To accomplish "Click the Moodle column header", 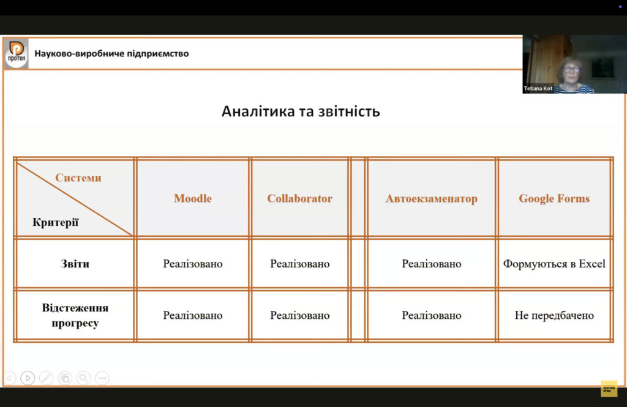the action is point(193,198).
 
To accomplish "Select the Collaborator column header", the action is point(299,198).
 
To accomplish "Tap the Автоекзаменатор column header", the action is point(432,199).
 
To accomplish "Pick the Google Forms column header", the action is point(554,199).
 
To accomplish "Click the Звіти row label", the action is point(75,264).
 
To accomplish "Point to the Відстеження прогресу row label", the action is point(75,315).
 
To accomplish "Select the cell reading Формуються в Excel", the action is point(554,264).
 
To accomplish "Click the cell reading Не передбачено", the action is point(554,315).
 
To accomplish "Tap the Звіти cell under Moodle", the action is point(193,264).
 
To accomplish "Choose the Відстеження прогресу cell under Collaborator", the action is point(299,315).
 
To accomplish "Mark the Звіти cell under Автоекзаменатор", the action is point(432,264).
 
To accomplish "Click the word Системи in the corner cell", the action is point(78,177).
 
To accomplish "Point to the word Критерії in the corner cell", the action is point(56,222).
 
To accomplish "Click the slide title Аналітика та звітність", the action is point(301,111).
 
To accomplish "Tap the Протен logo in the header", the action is point(17,54).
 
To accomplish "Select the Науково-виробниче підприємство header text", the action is point(111,54).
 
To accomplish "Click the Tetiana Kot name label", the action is point(538,88).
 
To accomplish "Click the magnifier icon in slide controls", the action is point(83,378).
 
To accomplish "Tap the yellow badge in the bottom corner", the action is point(609,389).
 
